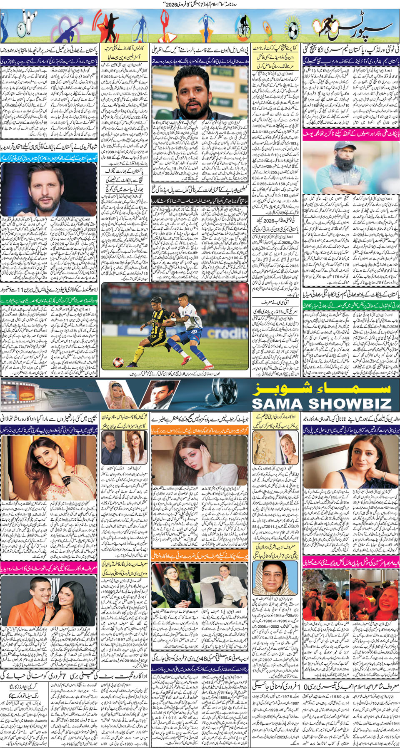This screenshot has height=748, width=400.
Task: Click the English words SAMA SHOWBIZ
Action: pos(321,403)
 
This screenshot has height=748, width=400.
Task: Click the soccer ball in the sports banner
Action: pos(293,29)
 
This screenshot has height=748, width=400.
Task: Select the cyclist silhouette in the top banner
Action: pos(243,26)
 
